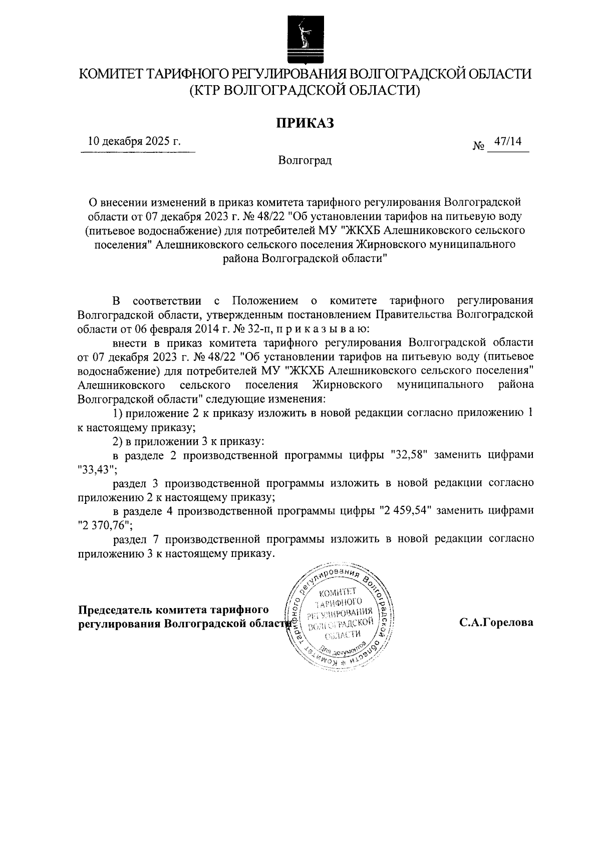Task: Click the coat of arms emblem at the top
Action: click(x=300, y=38)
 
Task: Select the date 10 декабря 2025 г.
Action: click(x=134, y=141)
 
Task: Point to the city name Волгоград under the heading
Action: click(x=305, y=161)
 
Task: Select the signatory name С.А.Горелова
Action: click(x=496, y=623)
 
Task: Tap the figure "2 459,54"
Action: click(x=406, y=511)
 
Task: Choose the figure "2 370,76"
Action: click(x=104, y=525)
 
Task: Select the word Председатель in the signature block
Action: click(x=115, y=610)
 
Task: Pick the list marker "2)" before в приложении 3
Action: click(x=118, y=442)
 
